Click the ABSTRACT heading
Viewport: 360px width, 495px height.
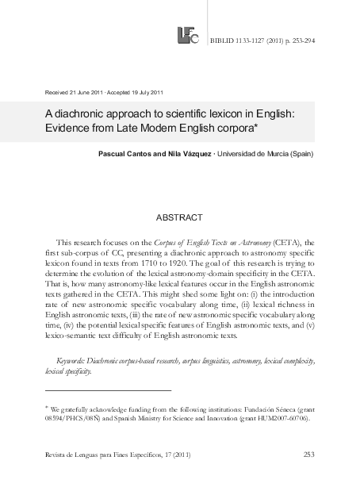tap(180, 217)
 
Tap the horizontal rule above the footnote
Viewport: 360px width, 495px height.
tap(108, 390)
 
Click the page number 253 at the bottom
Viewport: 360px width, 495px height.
tap(310, 454)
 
